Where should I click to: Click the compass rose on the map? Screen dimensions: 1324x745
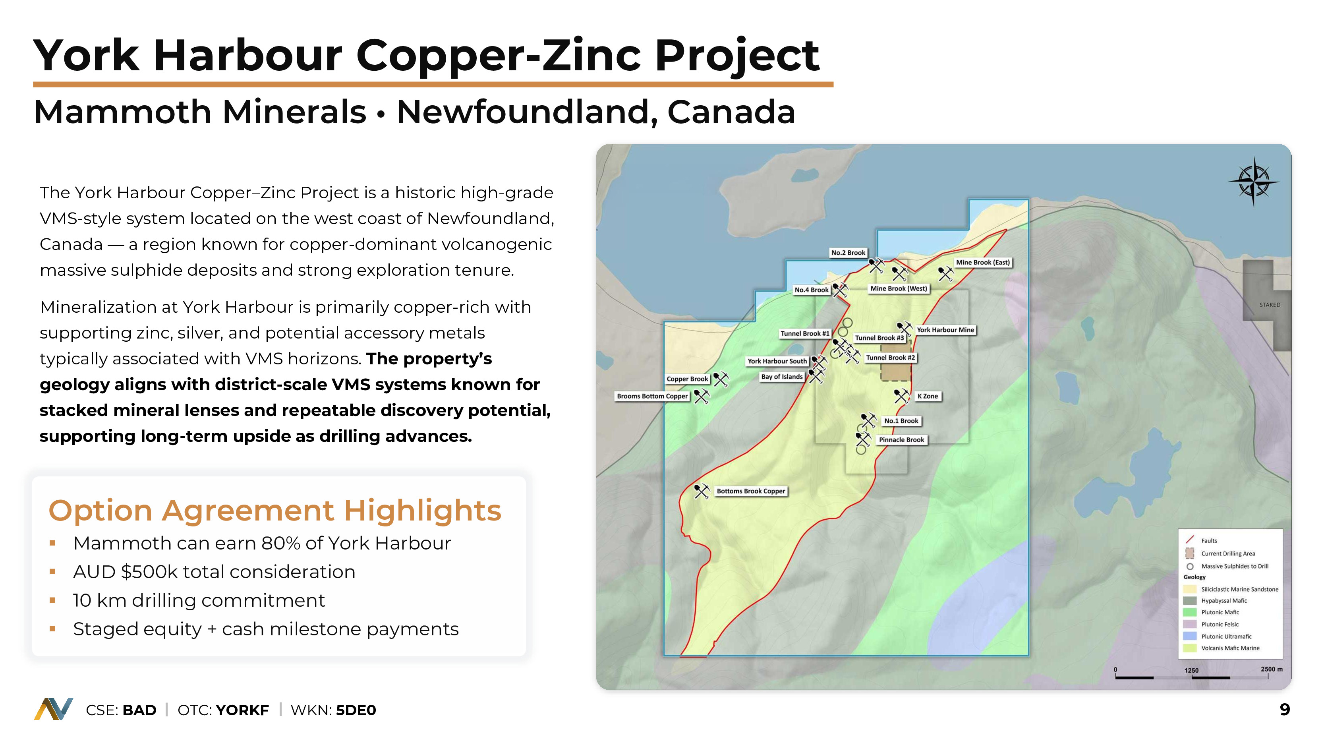[1254, 182]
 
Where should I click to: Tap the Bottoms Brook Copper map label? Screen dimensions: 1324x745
[751, 491]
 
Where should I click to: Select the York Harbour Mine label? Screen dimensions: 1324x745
[945, 330]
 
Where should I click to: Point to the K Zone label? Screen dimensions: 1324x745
[928, 396]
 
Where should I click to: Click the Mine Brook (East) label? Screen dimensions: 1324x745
[983, 262]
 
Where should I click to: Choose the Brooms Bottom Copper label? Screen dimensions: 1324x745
[652, 396]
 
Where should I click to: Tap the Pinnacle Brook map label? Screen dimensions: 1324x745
[901, 439]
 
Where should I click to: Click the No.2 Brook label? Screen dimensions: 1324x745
[848, 252]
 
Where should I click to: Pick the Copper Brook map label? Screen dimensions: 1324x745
[687, 379]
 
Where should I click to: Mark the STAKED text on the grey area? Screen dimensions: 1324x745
[1270, 305]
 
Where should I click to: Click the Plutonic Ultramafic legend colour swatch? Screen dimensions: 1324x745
[1190, 636]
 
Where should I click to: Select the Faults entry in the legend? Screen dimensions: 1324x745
[1209, 540]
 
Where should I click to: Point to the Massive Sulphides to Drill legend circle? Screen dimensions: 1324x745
[1190, 567]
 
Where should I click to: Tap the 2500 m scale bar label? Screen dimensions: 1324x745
[1272, 669]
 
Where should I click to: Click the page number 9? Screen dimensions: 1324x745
[1284, 710]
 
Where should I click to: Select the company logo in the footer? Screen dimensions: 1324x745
[54, 709]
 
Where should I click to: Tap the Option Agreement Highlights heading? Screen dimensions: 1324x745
[275, 510]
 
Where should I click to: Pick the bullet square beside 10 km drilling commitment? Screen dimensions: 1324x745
[52, 600]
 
